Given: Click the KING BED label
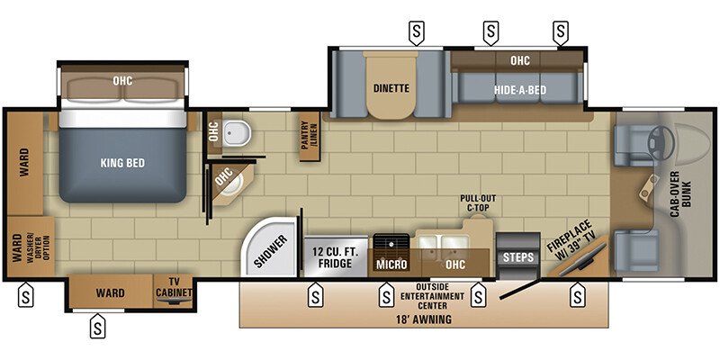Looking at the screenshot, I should point(123,164).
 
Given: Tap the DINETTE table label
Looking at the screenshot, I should point(391,88).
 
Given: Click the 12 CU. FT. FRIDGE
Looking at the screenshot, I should point(337,257).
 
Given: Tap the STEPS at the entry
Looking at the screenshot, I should point(517,257).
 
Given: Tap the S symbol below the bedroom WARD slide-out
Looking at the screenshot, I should point(97,328).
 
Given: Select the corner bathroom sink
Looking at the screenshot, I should point(229,184).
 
